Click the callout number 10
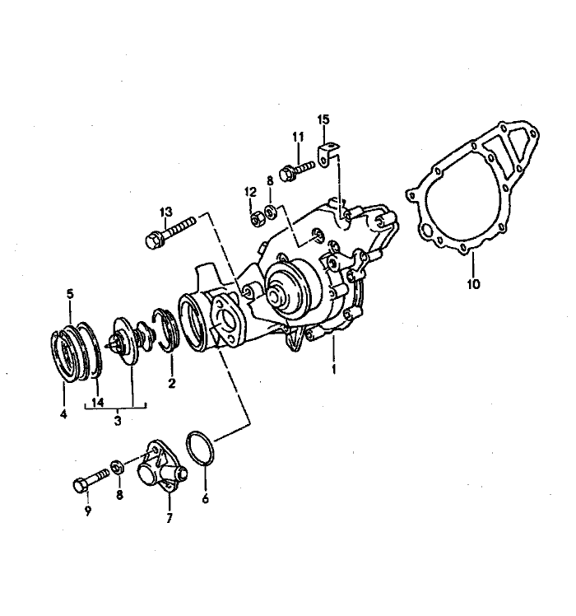click(473, 283)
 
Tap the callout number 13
click(165, 212)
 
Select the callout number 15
click(324, 119)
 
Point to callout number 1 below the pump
click(334, 369)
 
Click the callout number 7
click(170, 518)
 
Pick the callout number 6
click(206, 499)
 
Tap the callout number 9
click(87, 511)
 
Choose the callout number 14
click(97, 402)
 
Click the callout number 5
click(70, 293)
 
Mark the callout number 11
click(298, 137)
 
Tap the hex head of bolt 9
click(80, 486)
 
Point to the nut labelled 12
click(257, 218)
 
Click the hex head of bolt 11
click(287, 174)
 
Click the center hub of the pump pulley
click(276, 296)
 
